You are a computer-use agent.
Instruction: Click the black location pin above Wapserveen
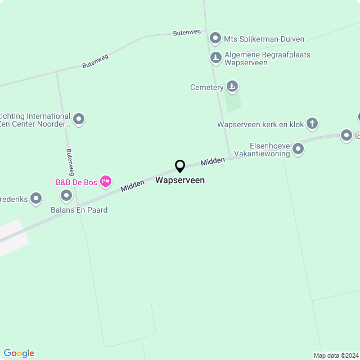click(x=180, y=166)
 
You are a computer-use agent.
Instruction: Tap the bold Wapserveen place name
click(x=180, y=181)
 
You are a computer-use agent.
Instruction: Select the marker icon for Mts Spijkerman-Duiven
click(x=215, y=39)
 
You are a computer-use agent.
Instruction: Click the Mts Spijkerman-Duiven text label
click(x=264, y=39)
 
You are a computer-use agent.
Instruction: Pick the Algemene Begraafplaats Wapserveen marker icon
click(x=215, y=58)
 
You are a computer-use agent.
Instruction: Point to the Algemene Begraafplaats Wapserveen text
click(x=267, y=58)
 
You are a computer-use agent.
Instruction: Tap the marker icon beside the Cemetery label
click(x=232, y=87)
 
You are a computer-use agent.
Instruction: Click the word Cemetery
click(x=206, y=87)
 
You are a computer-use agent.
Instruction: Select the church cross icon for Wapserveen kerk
click(x=312, y=123)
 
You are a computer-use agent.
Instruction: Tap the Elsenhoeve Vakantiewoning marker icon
click(x=298, y=149)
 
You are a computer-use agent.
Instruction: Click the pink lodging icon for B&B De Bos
click(x=105, y=181)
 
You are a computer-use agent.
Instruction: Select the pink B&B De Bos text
click(x=76, y=182)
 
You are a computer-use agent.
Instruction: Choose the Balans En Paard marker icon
click(x=66, y=196)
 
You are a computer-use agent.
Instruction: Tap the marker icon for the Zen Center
click(x=79, y=119)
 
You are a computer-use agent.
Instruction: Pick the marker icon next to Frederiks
click(x=36, y=198)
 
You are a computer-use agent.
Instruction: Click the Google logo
click(x=19, y=353)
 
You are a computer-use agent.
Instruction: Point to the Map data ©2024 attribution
click(x=336, y=355)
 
